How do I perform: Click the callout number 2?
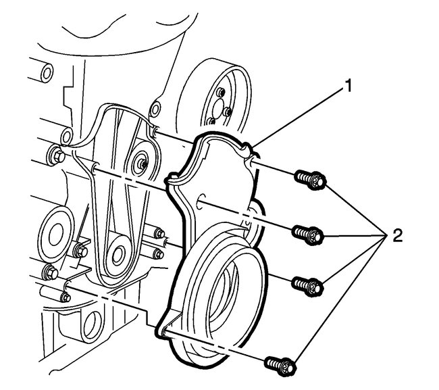(x=396, y=236)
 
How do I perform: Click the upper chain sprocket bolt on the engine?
(x=143, y=162)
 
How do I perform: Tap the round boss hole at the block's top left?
(x=47, y=71)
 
